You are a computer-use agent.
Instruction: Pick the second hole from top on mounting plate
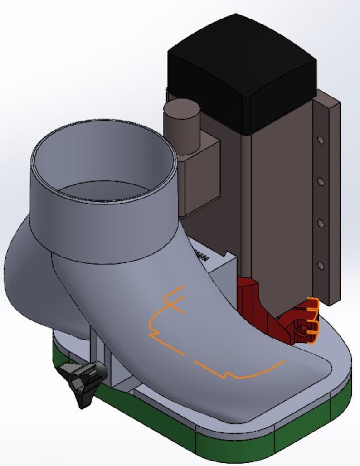[x=321, y=181]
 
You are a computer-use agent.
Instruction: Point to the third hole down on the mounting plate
[x=321, y=223]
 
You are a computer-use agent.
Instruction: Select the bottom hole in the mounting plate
[x=321, y=264]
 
